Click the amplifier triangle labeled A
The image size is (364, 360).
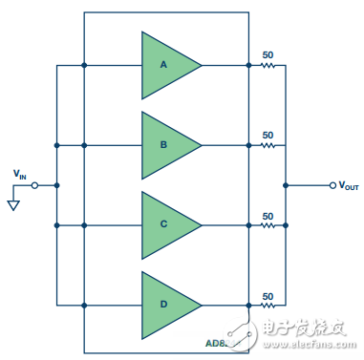pos(165,65)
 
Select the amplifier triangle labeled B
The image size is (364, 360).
pos(165,145)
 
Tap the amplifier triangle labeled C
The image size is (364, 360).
pos(165,225)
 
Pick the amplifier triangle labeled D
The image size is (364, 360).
pos(165,305)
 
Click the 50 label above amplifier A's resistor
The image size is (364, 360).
pos(268,55)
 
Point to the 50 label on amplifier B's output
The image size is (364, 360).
pos(268,136)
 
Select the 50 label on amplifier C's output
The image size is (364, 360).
pos(268,216)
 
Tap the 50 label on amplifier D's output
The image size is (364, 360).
pos(268,295)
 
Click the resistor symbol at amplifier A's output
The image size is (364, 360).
pos(268,66)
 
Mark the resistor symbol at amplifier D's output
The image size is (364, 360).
pos(268,306)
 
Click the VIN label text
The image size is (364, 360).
pos(20,174)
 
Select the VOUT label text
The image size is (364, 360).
pos(348,185)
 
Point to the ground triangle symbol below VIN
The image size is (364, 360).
pos(12,204)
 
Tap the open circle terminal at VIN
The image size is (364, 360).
pos(35,185)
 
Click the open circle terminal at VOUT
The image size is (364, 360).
pos(332,185)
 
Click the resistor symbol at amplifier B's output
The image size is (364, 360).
pos(268,145)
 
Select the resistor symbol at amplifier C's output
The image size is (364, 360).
pos(268,225)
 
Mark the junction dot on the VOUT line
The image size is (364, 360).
pos(287,185)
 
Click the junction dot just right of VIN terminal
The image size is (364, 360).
pos(57,185)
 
